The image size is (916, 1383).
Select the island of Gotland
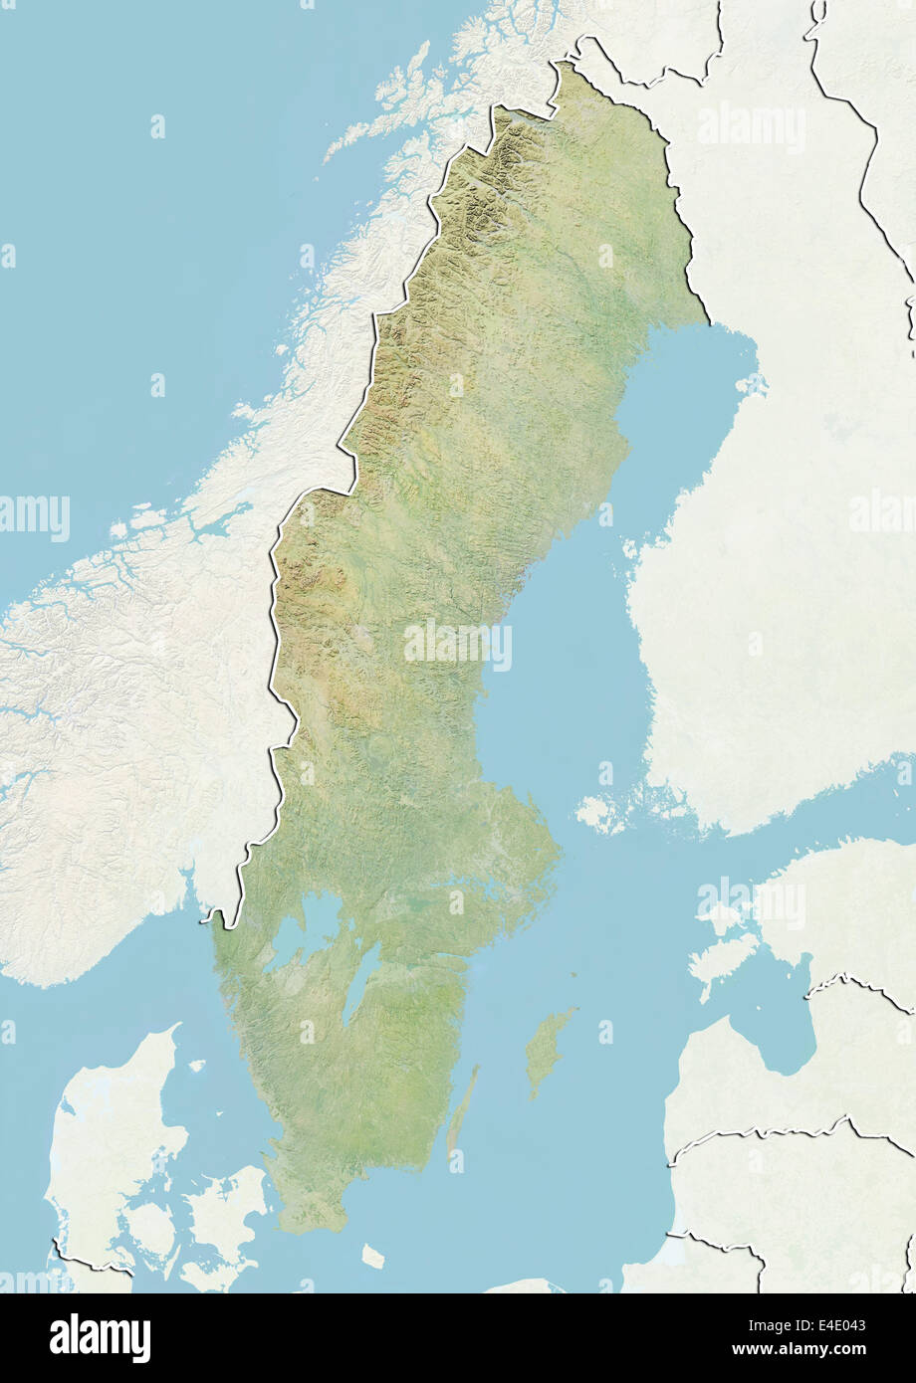click(x=550, y=1050)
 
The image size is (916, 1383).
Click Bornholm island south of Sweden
click(x=372, y=1257)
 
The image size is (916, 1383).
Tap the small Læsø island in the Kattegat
click(x=196, y=1066)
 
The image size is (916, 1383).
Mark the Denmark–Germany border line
click(x=90, y=1265)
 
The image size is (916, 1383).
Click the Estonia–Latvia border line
click(x=856, y=985)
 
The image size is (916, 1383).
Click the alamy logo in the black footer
click(x=100, y=1338)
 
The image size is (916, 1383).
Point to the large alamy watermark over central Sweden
click(x=457, y=645)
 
